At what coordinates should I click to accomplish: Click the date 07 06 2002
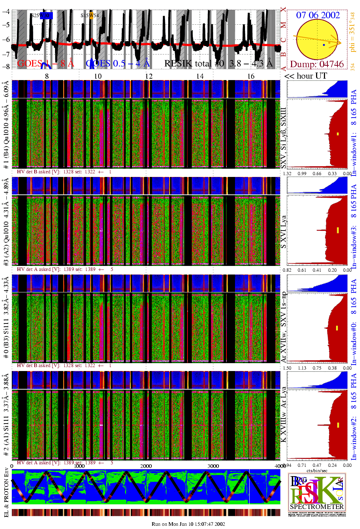tap(318, 15)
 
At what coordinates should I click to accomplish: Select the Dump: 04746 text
tap(317, 64)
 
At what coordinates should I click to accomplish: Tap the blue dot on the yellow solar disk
tap(324, 45)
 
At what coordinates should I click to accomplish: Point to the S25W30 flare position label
tap(40, 15)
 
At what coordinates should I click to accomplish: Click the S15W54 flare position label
tap(89, 15)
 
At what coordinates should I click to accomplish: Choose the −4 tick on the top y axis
tap(6, 11)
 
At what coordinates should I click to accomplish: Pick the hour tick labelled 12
tap(149, 76)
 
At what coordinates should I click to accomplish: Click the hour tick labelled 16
tap(251, 76)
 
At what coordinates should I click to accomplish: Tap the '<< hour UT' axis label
tap(306, 76)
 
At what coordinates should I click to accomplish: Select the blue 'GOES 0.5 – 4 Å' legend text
tap(117, 64)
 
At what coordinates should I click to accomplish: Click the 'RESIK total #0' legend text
tap(194, 64)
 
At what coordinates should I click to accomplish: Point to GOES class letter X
tap(283, 10)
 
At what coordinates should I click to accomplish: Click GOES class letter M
tap(283, 25)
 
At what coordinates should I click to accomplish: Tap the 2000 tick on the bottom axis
tap(146, 466)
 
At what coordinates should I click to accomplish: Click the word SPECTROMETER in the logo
tap(317, 506)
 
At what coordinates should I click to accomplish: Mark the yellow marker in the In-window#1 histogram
tap(337, 134)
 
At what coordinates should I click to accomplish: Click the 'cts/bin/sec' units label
tap(317, 471)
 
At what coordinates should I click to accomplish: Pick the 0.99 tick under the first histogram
tap(302, 174)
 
